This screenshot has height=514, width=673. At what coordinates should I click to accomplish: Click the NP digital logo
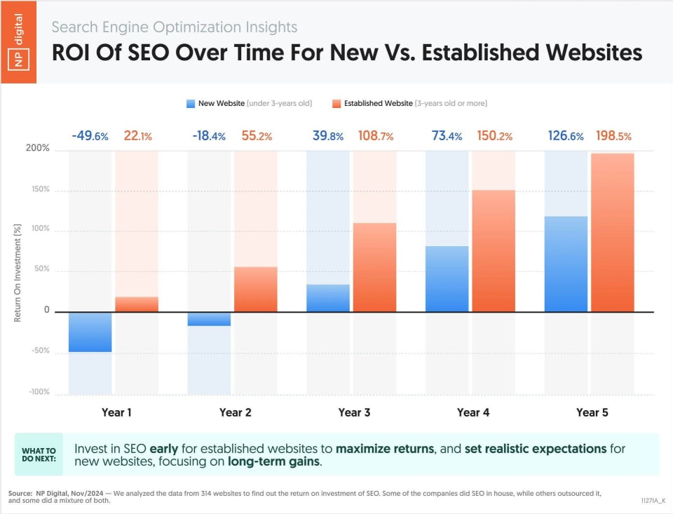[18, 42]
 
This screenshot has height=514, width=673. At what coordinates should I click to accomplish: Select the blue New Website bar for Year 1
[90, 332]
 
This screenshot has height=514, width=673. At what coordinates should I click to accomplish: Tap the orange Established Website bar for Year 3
[375, 267]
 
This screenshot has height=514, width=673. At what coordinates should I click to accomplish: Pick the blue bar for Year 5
[566, 264]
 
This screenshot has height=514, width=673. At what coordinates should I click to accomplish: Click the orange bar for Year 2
[256, 289]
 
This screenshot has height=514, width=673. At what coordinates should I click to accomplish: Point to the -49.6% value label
[90, 136]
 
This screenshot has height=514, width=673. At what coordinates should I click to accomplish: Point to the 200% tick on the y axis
[39, 149]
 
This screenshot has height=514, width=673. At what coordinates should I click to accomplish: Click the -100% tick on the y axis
[39, 392]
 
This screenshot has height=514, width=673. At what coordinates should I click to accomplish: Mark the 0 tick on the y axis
[47, 311]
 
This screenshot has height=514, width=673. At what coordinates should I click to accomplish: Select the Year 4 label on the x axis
[473, 412]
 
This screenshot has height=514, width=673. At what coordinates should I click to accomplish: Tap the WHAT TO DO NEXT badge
[39, 454]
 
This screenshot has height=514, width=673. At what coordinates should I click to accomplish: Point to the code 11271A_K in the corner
[653, 501]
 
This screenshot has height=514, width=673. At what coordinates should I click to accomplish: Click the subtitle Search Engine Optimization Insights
[175, 27]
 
